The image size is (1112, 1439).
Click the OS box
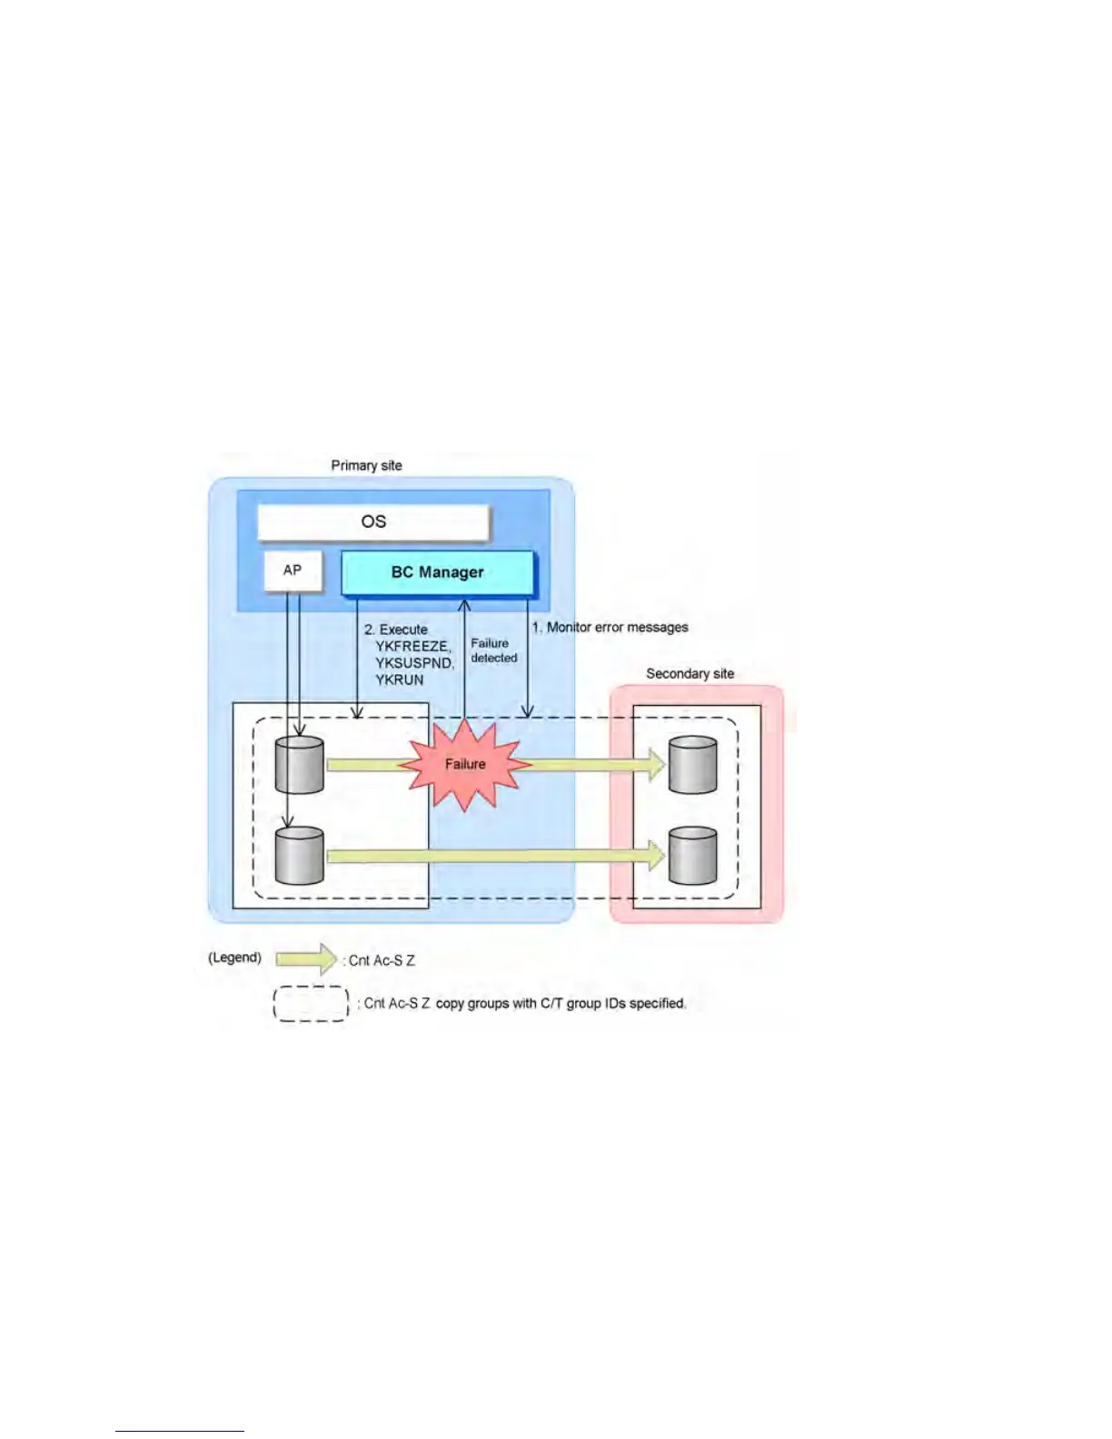pos(373,522)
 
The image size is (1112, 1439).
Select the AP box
pos(293,571)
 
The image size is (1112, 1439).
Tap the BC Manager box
pos(438,572)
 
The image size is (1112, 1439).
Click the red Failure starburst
pos(465,764)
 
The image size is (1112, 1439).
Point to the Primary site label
pos(366,465)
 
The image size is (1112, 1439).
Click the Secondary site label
pos(690,673)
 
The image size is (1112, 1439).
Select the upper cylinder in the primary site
pos(299,765)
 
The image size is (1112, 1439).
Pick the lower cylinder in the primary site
pos(299,856)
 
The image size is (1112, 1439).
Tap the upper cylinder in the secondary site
pos(692,765)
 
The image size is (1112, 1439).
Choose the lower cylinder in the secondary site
pos(692,856)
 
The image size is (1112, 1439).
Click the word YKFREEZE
pos(412,646)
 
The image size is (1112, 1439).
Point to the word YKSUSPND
pos(413,663)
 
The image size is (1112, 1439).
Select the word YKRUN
pos(400,680)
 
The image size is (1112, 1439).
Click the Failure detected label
pos(493,650)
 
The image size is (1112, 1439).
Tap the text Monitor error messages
pos(617,627)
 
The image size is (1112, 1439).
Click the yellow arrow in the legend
pos(307,958)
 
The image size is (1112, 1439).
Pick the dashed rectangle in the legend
pos(311,1003)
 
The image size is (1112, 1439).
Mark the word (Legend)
pos(234,958)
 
